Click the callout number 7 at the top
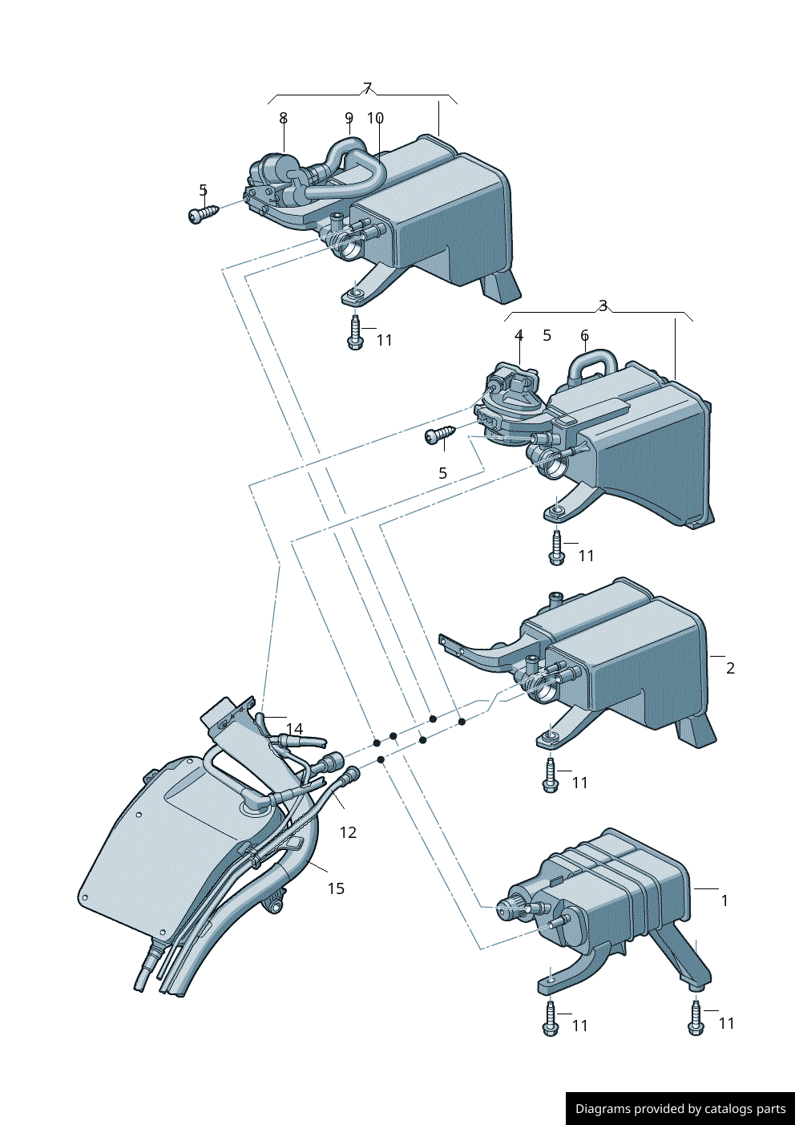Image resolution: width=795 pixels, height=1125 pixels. point(368,88)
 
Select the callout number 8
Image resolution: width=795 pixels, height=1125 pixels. point(283,118)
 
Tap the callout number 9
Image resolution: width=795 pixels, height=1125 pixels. point(349,118)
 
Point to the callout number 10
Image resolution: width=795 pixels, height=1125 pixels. point(375,118)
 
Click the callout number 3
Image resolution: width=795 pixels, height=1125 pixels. point(603,306)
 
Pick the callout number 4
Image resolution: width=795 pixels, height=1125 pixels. point(519,335)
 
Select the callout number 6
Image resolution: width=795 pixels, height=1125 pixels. point(584,335)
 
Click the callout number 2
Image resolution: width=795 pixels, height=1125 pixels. point(730,668)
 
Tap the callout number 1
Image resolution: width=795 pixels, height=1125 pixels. point(724,900)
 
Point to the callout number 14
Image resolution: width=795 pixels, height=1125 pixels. point(294,729)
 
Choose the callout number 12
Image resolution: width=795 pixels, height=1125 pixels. point(348,832)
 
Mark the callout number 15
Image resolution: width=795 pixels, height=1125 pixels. point(336,888)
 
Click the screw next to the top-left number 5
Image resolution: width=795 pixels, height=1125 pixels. point(203,214)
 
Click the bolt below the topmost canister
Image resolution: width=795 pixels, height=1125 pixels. point(355,333)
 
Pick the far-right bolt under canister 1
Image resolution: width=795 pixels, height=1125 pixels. point(696,1018)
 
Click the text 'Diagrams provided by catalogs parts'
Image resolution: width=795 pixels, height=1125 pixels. point(680,1109)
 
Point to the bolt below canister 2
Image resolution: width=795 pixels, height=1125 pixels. point(551,776)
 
